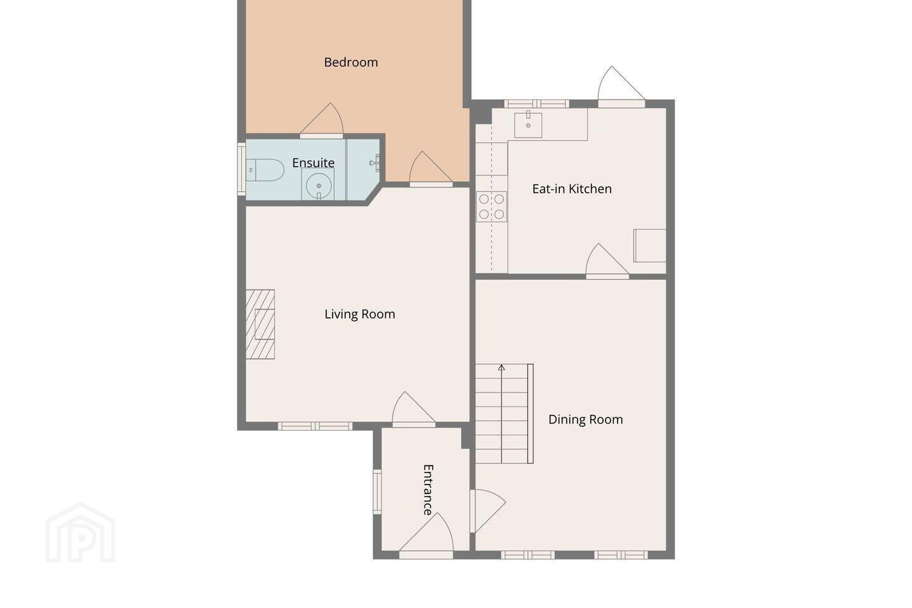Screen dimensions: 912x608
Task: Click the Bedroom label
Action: pyautogui.click(x=351, y=62)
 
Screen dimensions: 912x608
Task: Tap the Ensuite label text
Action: pyautogui.click(x=313, y=163)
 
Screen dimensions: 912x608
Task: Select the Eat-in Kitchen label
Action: pyautogui.click(x=572, y=189)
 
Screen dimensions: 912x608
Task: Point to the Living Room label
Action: pyautogui.click(x=360, y=314)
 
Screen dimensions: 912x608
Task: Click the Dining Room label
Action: pyautogui.click(x=585, y=419)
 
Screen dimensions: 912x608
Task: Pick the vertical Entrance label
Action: pyautogui.click(x=428, y=490)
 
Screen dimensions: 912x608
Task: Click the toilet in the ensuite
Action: pyautogui.click(x=265, y=170)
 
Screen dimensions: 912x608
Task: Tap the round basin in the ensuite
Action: pyautogui.click(x=319, y=186)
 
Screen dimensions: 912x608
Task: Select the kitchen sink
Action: pyautogui.click(x=528, y=125)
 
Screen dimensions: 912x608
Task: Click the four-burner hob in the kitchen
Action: pyautogui.click(x=491, y=206)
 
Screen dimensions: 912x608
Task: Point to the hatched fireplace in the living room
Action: pyautogui.click(x=260, y=324)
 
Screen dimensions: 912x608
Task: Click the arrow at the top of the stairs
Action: pyautogui.click(x=501, y=368)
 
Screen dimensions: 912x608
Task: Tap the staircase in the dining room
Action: pyautogui.click(x=504, y=414)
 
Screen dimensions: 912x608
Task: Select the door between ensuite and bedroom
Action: pyautogui.click(x=322, y=120)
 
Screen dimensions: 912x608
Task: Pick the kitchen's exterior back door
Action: pyautogui.click(x=621, y=87)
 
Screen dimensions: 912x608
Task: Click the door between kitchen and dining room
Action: pyautogui.click(x=607, y=261)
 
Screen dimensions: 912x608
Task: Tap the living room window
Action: pyautogui.click(x=315, y=426)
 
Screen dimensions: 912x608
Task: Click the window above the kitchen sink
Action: pyautogui.click(x=536, y=104)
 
